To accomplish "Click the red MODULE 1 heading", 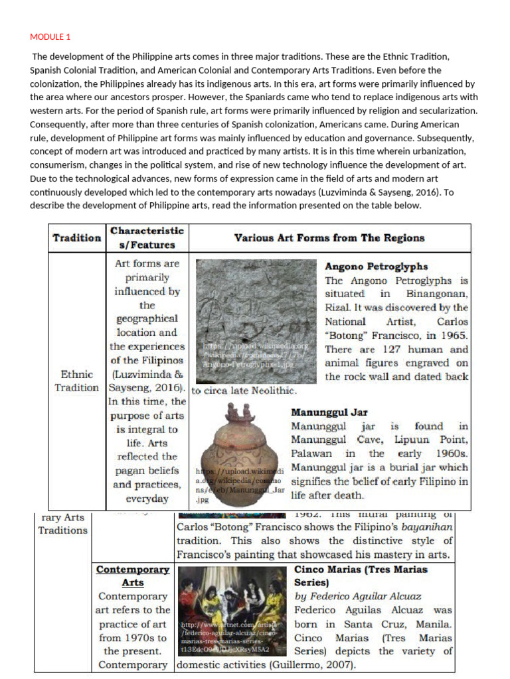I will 50,37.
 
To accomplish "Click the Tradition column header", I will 77,237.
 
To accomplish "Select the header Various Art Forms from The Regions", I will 329,237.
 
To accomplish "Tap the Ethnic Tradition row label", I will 76,381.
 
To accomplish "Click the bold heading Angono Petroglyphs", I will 376,267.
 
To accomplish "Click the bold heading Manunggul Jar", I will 329,412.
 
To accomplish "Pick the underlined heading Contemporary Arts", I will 133,576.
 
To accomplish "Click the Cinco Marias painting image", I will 233,610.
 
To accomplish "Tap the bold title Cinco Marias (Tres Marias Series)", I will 361,576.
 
